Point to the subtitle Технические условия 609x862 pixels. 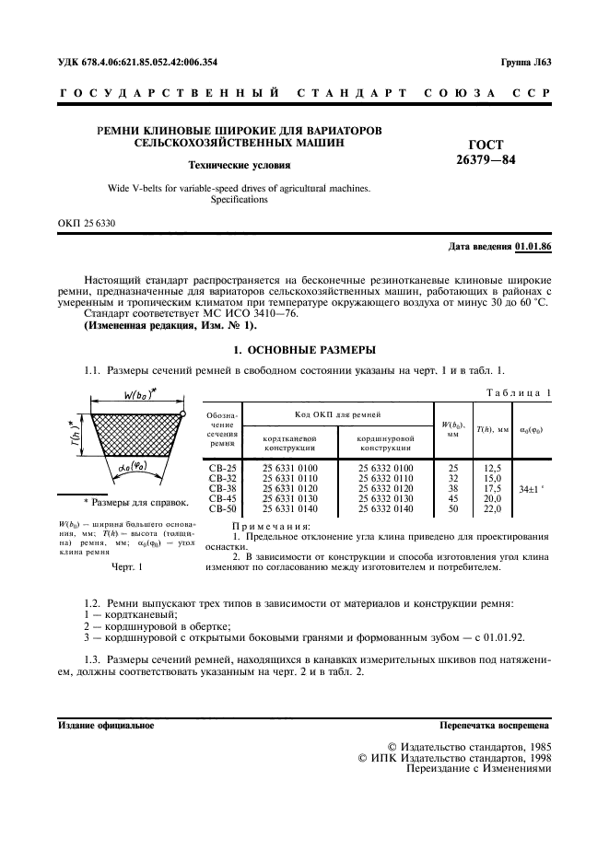[239, 166]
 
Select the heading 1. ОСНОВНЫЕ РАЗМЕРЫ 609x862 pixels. [303, 350]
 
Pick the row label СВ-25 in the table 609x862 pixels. [222, 469]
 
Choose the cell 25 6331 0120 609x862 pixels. [291, 489]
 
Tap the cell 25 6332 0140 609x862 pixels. [385, 508]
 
